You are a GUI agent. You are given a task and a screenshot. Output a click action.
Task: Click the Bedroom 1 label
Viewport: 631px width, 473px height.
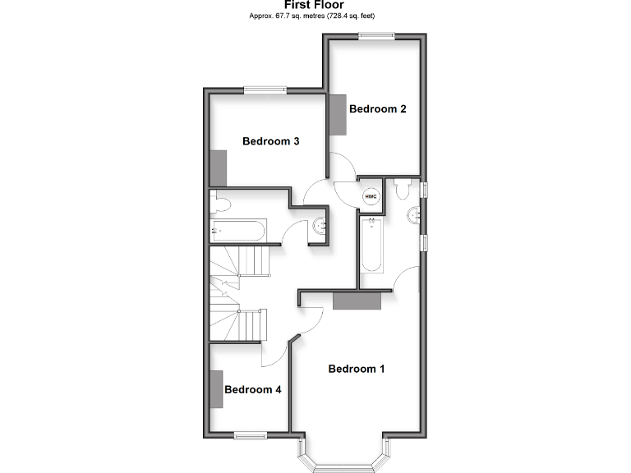pyautogui.click(x=356, y=369)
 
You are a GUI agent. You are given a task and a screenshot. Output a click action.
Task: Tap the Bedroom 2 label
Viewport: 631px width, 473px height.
pyautogui.click(x=378, y=108)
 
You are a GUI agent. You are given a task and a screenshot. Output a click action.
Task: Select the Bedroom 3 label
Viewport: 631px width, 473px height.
pyautogui.click(x=270, y=141)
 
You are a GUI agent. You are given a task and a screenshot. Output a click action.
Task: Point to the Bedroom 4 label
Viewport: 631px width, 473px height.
pyautogui.click(x=253, y=389)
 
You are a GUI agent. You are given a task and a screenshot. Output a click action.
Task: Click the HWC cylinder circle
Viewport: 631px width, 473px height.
pyautogui.click(x=371, y=196)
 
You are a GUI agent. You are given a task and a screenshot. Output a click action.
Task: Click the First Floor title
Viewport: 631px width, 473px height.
pyautogui.click(x=315, y=5)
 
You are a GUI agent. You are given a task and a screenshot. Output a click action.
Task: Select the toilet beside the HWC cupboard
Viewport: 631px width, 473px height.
pyautogui.click(x=402, y=190)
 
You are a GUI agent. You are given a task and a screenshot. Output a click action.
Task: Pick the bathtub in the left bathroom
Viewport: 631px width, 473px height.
pyautogui.click(x=238, y=230)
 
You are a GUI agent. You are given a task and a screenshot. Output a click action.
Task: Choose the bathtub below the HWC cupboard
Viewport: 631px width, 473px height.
pyautogui.click(x=371, y=244)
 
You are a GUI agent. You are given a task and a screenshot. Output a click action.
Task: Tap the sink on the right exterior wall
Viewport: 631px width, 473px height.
pyautogui.click(x=415, y=216)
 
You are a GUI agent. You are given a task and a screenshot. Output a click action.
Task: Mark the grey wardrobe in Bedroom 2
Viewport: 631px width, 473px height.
pyautogui.click(x=338, y=115)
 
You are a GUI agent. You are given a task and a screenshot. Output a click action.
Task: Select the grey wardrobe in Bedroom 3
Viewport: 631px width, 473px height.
pyautogui.click(x=218, y=168)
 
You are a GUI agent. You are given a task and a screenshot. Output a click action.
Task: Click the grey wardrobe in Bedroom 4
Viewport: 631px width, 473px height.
pyautogui.click(x=216, y=389)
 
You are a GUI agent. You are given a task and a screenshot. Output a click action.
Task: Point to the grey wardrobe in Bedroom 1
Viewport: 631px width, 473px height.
pyautogui.click(x=357, y=300)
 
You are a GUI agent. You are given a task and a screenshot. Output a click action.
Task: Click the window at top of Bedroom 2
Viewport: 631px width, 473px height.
pyautogui.click(x=376, y=34)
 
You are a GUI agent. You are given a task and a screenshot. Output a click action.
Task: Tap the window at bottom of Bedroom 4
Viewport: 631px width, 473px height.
pyautogui.click(x=249, y=434)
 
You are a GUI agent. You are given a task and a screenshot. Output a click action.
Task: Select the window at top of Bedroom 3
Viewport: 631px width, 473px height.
pyautogui.click(x=264, y=90)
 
